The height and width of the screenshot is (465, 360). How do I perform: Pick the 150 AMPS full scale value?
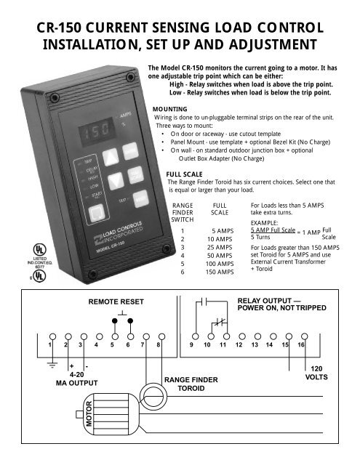click(218, 272)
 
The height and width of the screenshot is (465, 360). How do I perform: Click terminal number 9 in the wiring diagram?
click(192, 346)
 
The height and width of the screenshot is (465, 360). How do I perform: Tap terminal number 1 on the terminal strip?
click(50, 346)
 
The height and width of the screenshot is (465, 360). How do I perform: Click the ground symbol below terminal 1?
click(50, 366)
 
